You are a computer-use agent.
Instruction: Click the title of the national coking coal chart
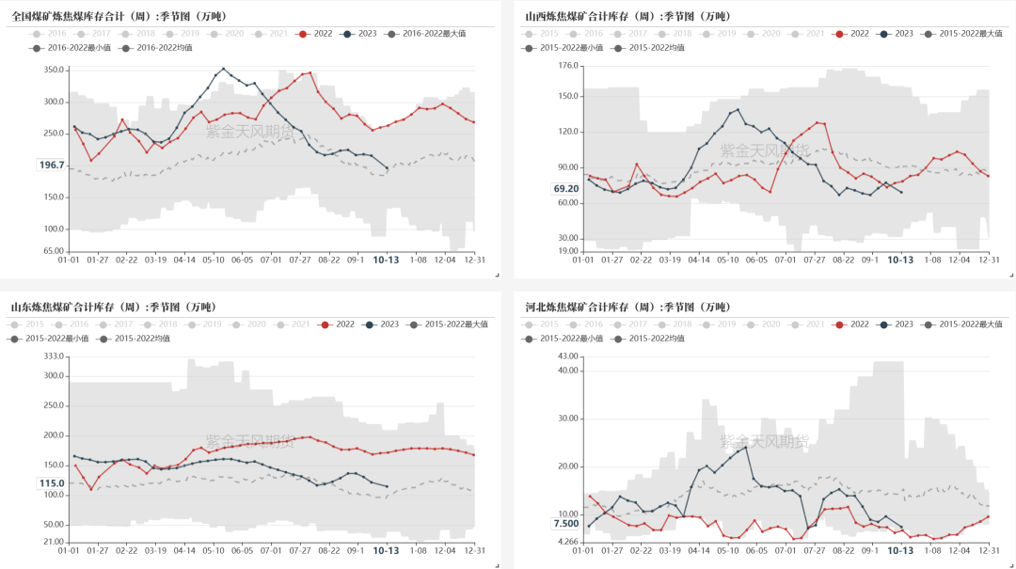pyautogui.click(x=119, y=16)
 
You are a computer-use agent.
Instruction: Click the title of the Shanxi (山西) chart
pyautogui.click(x=627, y=16)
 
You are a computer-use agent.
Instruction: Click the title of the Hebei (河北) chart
pyautogui.click(x=627, y=307)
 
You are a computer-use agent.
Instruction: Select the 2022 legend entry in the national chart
pyautogui.click(x=317, y=33)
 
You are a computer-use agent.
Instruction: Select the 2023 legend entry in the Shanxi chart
pyautogui.click(x=897, y=33)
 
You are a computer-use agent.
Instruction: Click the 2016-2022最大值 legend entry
pyautogui.click(x=434, y=33)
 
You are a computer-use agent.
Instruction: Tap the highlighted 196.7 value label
pyautogui.click(x=51, y=166)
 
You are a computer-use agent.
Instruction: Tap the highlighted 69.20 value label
pyautogui.click(x=565, y=189)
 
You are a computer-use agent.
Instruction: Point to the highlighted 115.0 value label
pyautogui.click(x=51, y=483)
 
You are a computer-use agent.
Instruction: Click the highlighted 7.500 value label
pyautogui.click(x=565, y=524)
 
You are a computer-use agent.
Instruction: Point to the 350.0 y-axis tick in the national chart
pyautogui.click(x=54, y=71)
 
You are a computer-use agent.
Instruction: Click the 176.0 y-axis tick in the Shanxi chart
pyautogui.click(x=567, y=66)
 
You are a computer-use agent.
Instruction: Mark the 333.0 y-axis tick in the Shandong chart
pyautogui.click(x=54, y=356)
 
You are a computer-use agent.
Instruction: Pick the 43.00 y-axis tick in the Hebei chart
pyautogui.click(x=567, y=356)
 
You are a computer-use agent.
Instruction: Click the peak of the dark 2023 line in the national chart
pyautogui.click(x=223, y=68)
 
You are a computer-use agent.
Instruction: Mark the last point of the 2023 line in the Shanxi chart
pyautogui.click(x=901, y=193)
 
